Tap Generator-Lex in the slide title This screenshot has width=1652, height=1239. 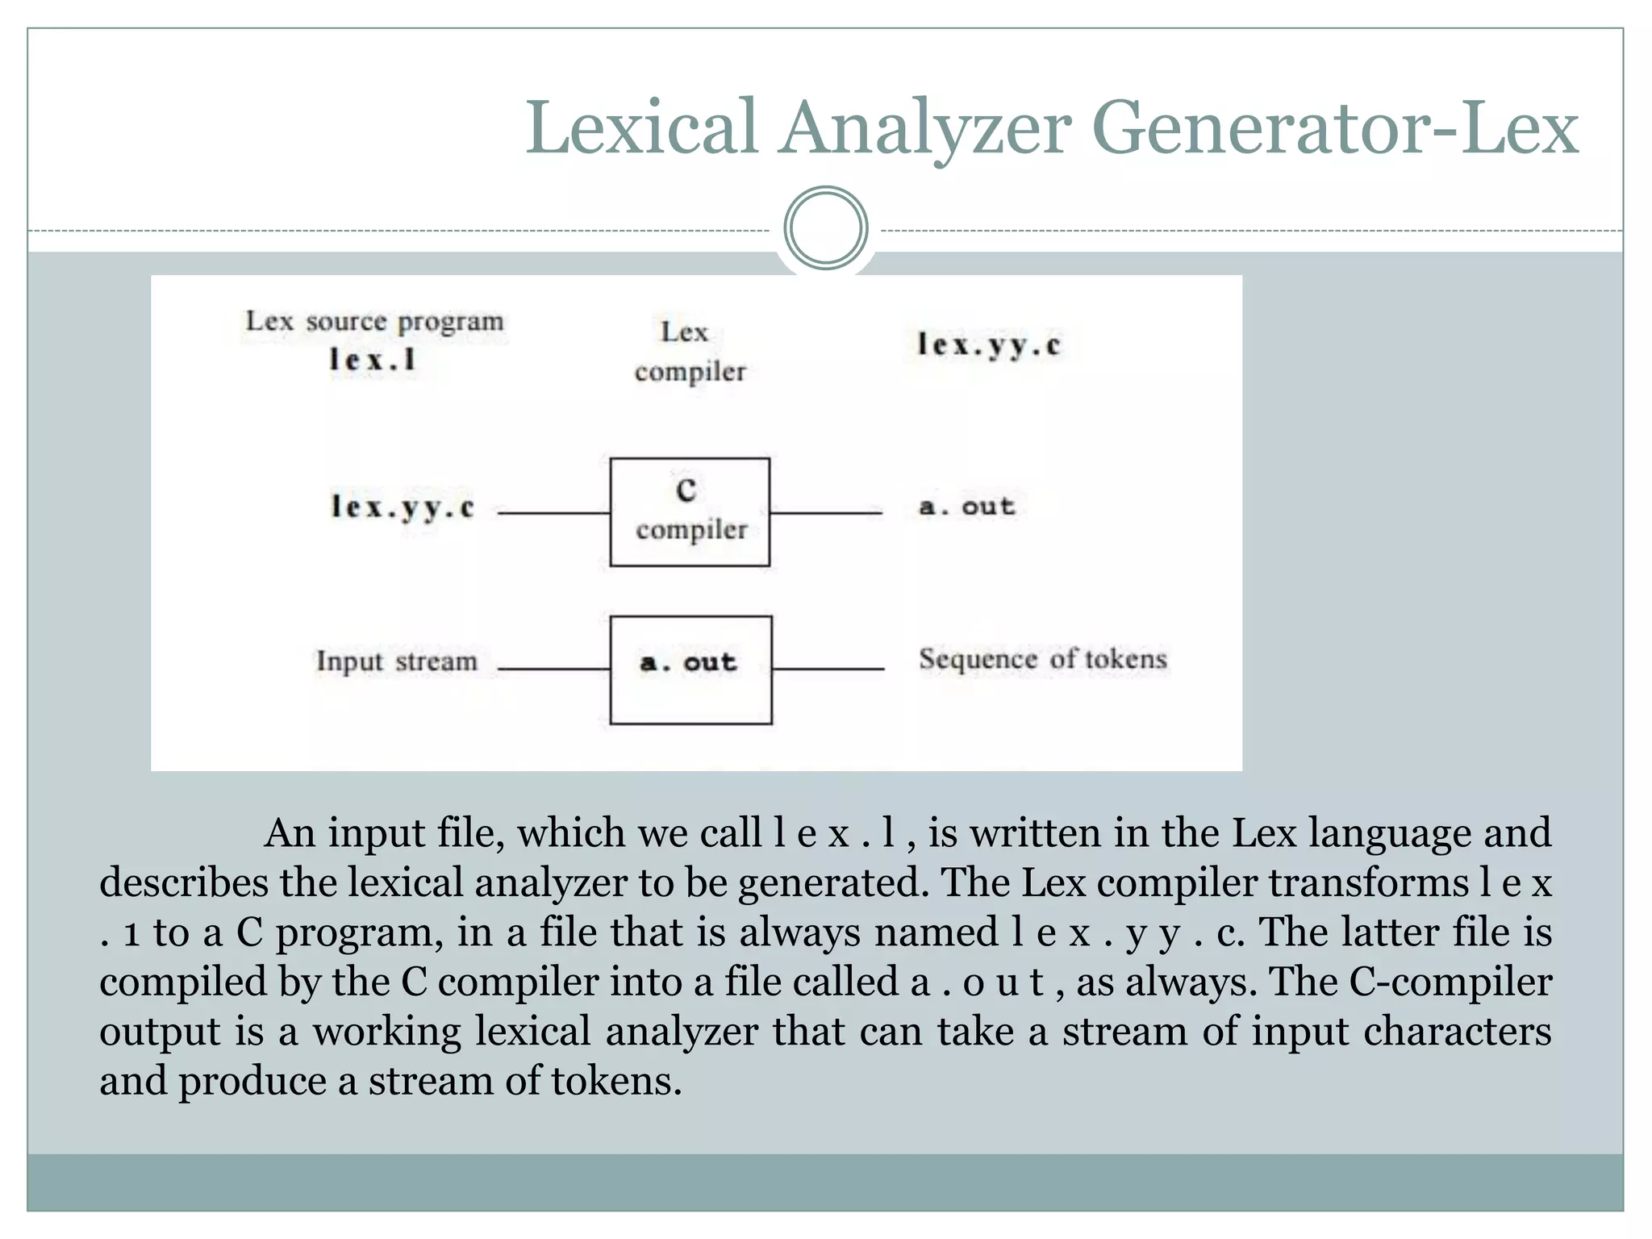(x=1334, y=129)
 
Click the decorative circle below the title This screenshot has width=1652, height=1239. (x=825, y=228)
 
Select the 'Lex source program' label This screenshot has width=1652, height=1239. (x=374, y=322)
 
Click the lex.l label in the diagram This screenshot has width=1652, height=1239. (x=373, y=360)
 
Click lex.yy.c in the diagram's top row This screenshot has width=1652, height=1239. (x=988, y=345)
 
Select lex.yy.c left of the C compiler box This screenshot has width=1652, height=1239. (x=403, y=507)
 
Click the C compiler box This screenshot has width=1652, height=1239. (x=690, y=512)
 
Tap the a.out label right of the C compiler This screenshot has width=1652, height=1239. (x=966, y=507)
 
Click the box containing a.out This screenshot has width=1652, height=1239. (x=690, y=670)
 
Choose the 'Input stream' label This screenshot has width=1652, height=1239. (x=396, y=661)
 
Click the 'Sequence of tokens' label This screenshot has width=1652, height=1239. (x=1042, y=659)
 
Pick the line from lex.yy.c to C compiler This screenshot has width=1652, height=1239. (x=553, y=513)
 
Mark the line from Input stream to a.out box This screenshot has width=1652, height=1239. (x=553, y=670)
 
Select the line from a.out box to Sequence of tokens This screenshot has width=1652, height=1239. (x=828, y=670)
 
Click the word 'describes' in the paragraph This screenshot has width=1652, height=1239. (x=183, y=882)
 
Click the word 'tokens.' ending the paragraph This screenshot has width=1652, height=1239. (x=616, y=1082)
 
